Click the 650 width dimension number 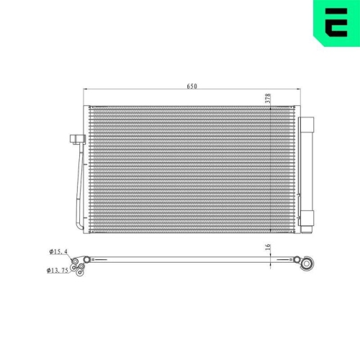[x=192, y=86]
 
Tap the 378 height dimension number [x=268, y=99]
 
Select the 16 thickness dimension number [x=268, y=247]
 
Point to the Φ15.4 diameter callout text [x=58, y=251]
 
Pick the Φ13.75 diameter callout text [x=58, y=271]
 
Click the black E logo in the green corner [x=337, y=22]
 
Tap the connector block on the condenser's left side [x=78, y=139]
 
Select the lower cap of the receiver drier [x=307, y=218]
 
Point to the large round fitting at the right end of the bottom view [x=307, y=264]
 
